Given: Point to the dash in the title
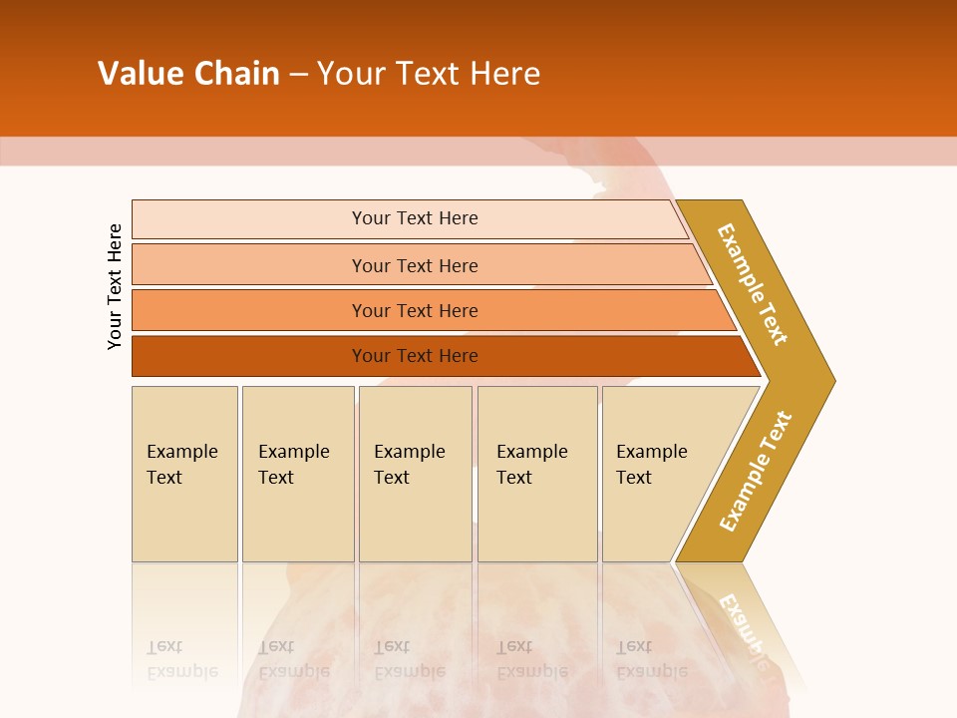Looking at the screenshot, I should tap(298, 75).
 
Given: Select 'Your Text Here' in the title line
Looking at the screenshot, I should tap(429, 74).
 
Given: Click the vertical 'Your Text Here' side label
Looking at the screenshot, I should tap(115, 286).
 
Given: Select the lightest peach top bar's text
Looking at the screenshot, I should tap(415, 218).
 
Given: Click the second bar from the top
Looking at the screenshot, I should tap(415, 265).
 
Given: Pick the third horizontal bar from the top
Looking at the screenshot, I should tap(415, 310).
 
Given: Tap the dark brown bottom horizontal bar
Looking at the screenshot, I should tap(415, 356).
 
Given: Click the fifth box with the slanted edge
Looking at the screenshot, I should tap(652, 465).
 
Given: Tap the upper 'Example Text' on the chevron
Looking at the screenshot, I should tap(753, 284).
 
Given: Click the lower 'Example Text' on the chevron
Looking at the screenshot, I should tap(756, 471).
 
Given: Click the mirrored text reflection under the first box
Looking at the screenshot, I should tap(182, 659).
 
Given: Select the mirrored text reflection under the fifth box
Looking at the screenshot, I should tap(652, 659).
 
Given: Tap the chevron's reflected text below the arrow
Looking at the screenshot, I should tap(743, 628).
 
